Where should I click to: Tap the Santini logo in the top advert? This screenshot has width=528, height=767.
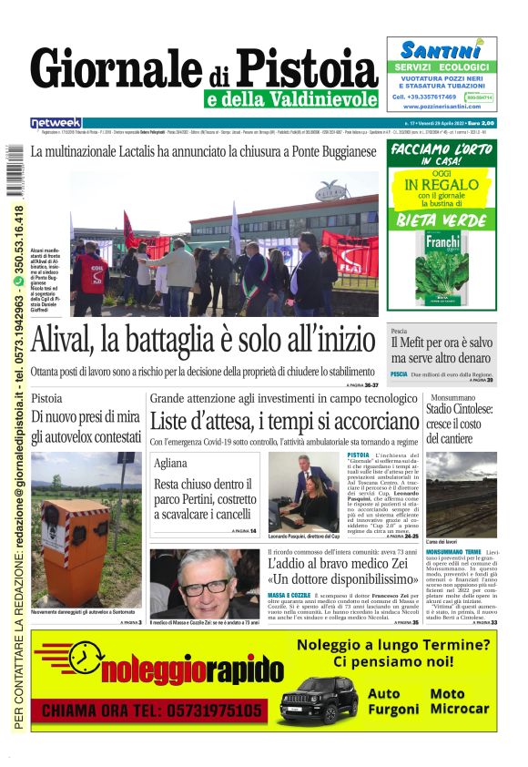pos(442,50)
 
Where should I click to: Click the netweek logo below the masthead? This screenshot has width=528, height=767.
pos(56,123)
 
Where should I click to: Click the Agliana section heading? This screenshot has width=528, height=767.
pos(171,463)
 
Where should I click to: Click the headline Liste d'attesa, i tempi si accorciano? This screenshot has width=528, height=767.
pos(284,421)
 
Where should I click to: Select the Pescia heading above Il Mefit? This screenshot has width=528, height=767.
pos(399,331)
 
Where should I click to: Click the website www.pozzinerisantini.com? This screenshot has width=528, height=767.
pos(442,107)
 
